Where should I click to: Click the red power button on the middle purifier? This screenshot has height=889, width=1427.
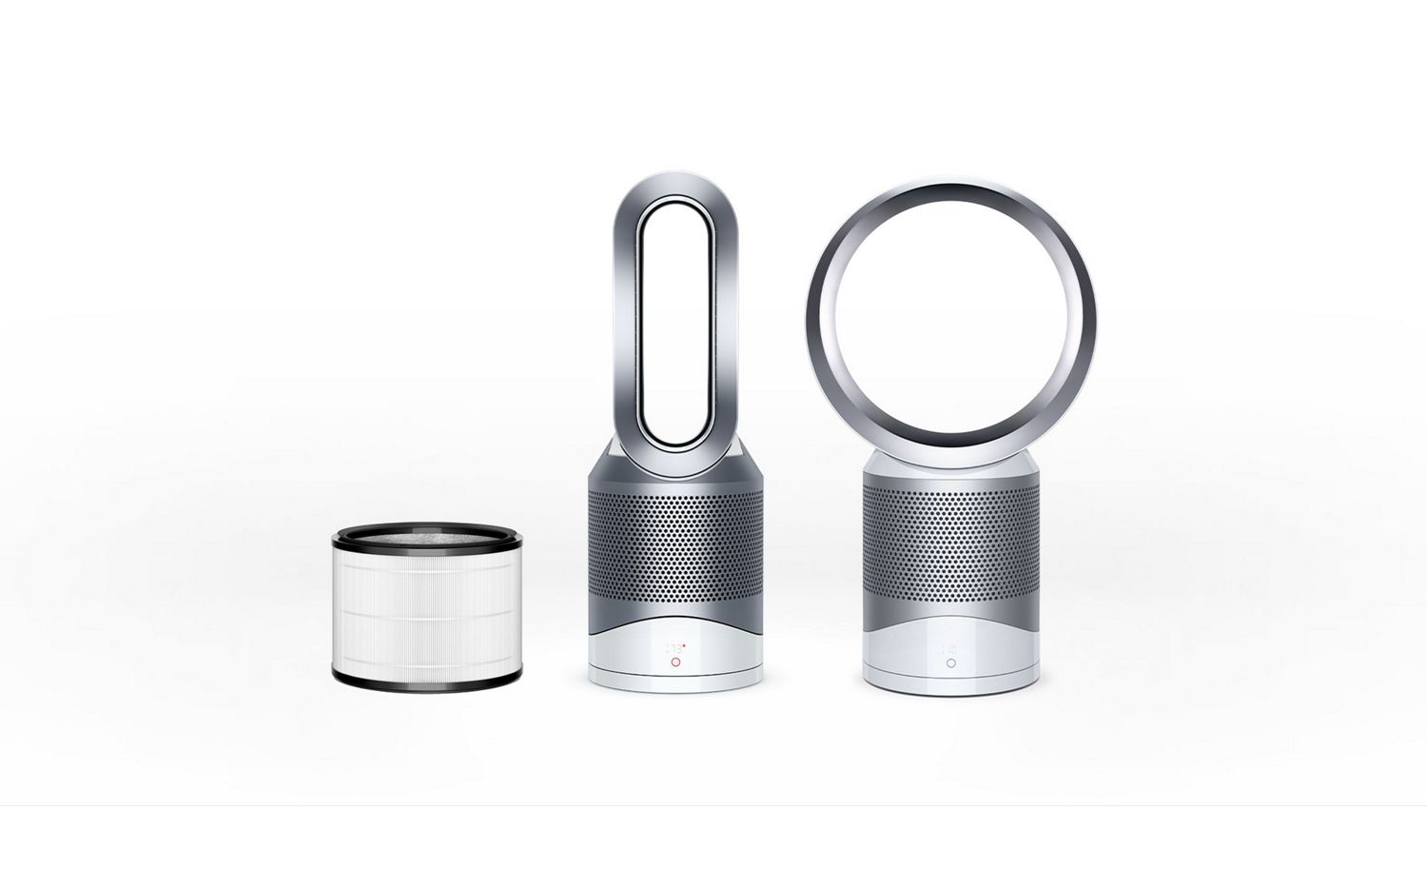[x=674, y=662]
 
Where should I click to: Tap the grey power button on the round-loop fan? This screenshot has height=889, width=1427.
[x=950, y=663]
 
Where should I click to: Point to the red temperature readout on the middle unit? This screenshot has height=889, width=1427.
[x=674, y=646]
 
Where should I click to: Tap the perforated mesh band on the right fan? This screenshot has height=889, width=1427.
[x=950, y=543]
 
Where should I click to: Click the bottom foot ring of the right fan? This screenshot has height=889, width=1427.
[x=950, y=687]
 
